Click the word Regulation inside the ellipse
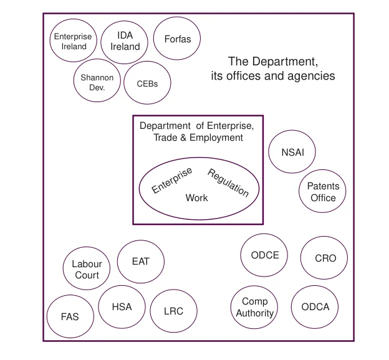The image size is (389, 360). (x=228, y=182)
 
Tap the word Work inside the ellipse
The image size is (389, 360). (x=197, y=198)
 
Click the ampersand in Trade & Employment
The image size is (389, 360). (x=183, y=138)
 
